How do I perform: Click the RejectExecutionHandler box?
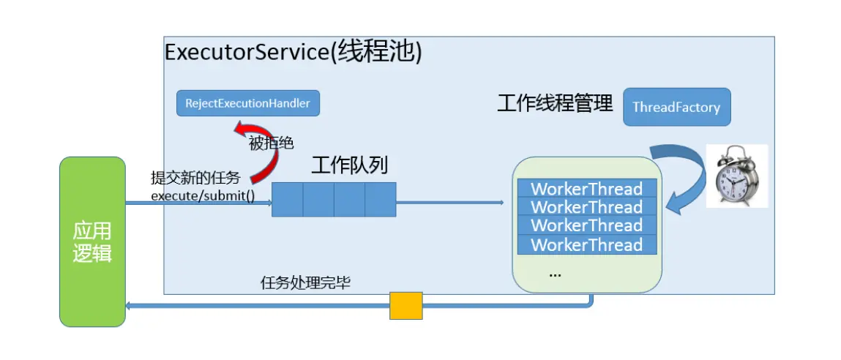pyautogui.click(x=248, y=103)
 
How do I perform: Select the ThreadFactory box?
pyautogui.click(x=676, y=108)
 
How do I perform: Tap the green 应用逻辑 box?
pyautogui.click(x=92, y=241)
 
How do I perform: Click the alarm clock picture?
pyautogui.click(x=736, y=176)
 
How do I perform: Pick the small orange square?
pyautogui.click(x=406, y=306)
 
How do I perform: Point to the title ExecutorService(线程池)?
pyautogui.click(x=294, y=53)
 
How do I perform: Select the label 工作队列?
pyautogui.click(x=349, y=165)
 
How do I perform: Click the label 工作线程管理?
pyautogui.click(x=555, y=104)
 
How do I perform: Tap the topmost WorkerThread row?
pyautogui.click(x=586, y=188)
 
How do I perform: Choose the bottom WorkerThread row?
pyautogui.click(x=586, y=245)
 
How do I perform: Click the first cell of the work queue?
pyautogui.click(x=288, y=200)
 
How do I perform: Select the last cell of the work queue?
pyautogui.click(x=380, y=200)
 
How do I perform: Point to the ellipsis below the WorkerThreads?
pyautogui.click(x=555, y=274)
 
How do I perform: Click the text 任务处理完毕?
pyautogui.click(x=305, y=282)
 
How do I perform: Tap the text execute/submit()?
pyautogui.click(x=203, y=195)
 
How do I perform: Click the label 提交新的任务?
pyautogui.click(x=195, y=178)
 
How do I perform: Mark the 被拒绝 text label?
pyautogui.click(x=272, y=143)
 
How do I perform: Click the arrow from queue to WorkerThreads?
pyautogui.click(x=450, y=201)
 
